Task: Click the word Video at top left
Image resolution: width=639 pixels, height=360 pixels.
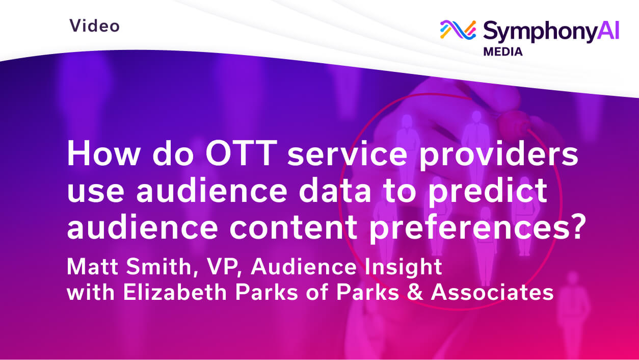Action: coord(94,25)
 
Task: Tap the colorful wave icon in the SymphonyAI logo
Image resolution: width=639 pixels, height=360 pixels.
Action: coord(458,30)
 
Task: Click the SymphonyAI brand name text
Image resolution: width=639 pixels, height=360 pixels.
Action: coord(551,31)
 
